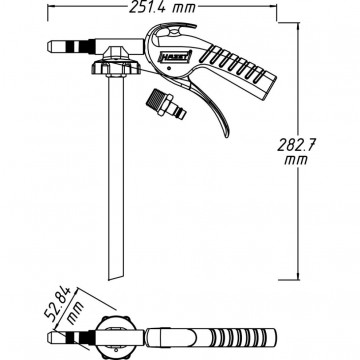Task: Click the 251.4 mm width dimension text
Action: coord(162,7)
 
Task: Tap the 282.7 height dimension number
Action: coord(296,145)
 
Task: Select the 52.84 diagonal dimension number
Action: coord(57,302)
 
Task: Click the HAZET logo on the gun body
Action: coord(176,56)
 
